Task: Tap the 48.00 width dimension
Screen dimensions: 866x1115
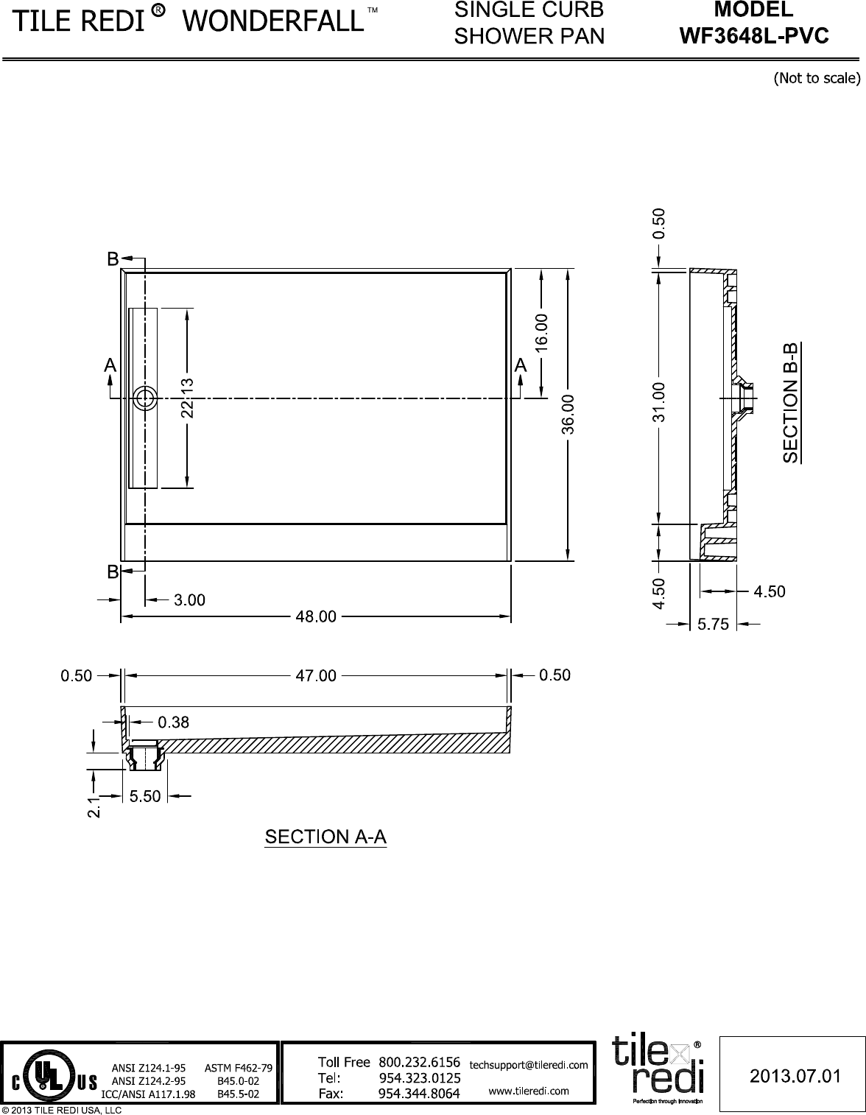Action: pyautogui.click(x=316, y=616)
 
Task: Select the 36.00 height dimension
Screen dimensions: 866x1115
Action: pyautogui.click(x=568, y=414)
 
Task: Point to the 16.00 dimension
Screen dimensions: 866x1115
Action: pyautogui.click(x=542, y=331)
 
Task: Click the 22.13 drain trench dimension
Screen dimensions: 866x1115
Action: pyautogui.click(x=188, y=398)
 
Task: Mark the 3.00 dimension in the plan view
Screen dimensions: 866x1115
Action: pyautogui.click(x=189, y=600)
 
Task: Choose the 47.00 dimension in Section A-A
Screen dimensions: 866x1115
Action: pyautogui.click(x=316, y=675)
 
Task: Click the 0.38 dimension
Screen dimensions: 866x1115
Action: pyautogui.click(x=174, y=722)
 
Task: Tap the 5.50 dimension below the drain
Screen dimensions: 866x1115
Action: pyautogui.click(x=145, y=796)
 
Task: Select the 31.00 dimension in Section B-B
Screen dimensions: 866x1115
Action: pyautogui.click(x=659, y=401)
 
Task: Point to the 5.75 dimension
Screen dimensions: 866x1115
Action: pyautogui.click(x=713, y=625)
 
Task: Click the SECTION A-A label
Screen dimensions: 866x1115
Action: pyautogui.click(x=325, y=837)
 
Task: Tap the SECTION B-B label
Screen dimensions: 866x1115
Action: pyautogui.click(x=791, y=402)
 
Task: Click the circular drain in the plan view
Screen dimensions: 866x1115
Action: pyautogui.click(x=145, y=398)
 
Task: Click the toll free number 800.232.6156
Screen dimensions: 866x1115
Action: pyautogui.click(x=419, y=1062)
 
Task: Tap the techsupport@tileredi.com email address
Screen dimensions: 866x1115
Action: pyautogui.click(x=528, y=1064)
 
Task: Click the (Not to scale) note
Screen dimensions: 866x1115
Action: pyautogui.click(x=816, y=78)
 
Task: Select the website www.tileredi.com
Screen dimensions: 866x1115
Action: pyautogui.click(x=529, y=1091)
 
